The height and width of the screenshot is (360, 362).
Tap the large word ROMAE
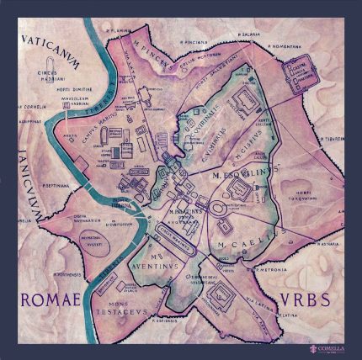click(x=52, y=300)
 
